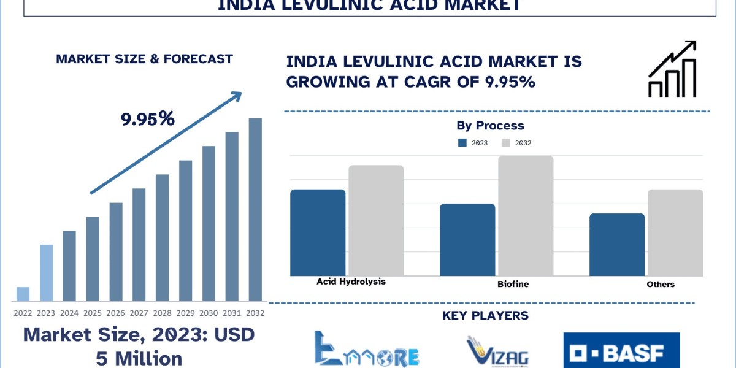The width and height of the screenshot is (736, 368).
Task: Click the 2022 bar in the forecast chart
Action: pyautogui.click(x=23, y=294)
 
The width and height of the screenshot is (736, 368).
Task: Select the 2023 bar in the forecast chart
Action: pyautogui.click(x=46, y=273)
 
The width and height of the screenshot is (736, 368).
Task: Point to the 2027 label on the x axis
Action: pyautogui.click(x=139, y=313)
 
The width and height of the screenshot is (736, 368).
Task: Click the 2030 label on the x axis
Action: pyautogui.click(x=209, y=313)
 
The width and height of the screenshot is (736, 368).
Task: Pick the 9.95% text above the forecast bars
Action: pyautogui.click(x=148, y=119)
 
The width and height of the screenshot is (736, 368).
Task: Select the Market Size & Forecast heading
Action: pyautogui.click(x=144, y=59)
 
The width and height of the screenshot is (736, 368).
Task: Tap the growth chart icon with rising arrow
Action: pyautogui.click(x=672, y=69)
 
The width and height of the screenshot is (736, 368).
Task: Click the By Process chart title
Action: pyautogui.click(x=490, y=126)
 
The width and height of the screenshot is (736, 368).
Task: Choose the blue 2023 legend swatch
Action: pyautogui.click(x=463, y=143)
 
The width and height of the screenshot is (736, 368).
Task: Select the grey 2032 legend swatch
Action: pyautogui.click(x=506, y=143)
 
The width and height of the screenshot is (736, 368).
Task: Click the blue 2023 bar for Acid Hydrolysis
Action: pyautogui.click(x=318, y=232)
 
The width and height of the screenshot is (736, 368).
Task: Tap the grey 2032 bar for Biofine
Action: pyautogui.click(x=526, y=215)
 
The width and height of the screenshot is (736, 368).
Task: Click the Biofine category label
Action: pyautogui.click(x=513, y=285)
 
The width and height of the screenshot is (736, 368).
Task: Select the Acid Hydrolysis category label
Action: pyautogui.click(x=351, y=282)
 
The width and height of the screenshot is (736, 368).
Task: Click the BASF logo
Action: pyautogui.click(x=621, y=351)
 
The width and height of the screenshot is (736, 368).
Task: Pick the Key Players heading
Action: pyautogui.click(x=485, y=316)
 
